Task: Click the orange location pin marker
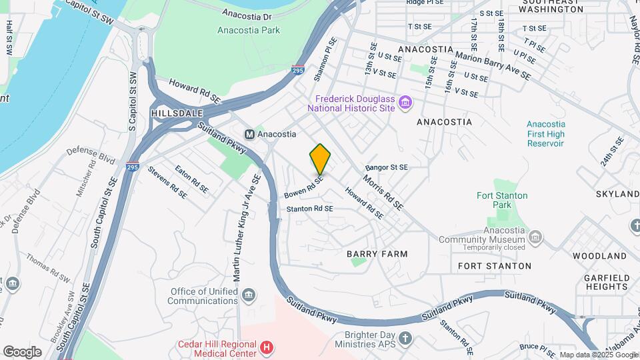(x=320, y=158)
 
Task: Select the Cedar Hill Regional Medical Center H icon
(x=267, y=347)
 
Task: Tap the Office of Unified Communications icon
(x=249, y=295)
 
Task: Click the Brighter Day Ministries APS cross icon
(x=405, y=338)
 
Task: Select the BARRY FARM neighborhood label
(x=377, y=254)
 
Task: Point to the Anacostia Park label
(x=249, y=30)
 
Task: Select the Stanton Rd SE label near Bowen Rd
(x=309, y=209)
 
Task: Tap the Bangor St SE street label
(x=387, y=167)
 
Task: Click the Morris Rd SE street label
(x=383, y=193)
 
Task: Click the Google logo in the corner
(x=22, y=352)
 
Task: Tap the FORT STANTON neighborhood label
(x=495, y=266)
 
